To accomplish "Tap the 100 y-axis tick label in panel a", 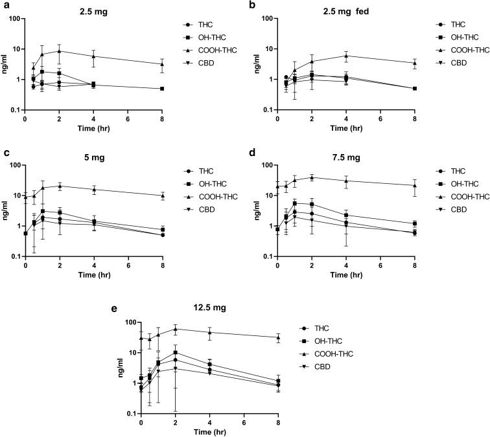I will point(14,18).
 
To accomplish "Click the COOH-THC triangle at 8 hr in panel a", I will point(161,64).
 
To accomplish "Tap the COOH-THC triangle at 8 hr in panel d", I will point(414,185).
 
